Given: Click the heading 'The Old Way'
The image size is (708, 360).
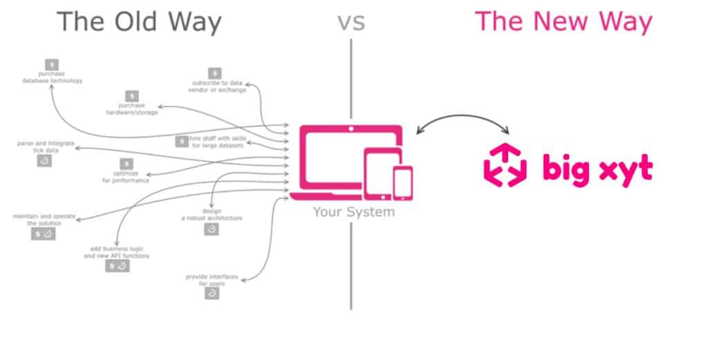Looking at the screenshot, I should [x=139, y=21].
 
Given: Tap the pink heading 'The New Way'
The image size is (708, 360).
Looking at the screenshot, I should [x=563, y=21].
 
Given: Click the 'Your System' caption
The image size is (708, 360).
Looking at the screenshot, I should [x=353, y=211].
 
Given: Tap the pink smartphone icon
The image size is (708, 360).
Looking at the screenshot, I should [x=402, y=183].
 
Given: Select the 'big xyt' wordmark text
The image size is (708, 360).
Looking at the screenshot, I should [x=597, y=168].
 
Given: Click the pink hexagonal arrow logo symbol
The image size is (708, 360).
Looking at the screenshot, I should [x=505, y=164].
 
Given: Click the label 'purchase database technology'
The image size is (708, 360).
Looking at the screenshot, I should [x=51, y=77].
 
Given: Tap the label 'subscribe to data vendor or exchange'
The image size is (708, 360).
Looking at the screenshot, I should [x=217, y=86].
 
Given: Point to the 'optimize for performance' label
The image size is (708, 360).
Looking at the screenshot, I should [x=125, y=177].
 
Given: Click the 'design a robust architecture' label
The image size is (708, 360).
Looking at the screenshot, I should [x=212, y=214].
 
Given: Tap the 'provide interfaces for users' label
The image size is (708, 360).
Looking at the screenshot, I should [x=211, y=280].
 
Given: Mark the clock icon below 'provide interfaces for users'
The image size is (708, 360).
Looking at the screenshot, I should [x=212, y=294].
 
